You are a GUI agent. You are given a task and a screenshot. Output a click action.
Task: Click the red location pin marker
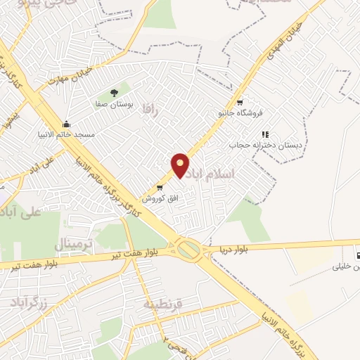[x=181, y=165]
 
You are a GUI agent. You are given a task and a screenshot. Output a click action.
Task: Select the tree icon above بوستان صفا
[x=114, y=93]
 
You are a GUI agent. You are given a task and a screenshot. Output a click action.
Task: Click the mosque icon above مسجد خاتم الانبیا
[x=66, y=124]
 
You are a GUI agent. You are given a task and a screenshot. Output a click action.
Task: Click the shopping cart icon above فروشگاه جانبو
[x=240, y=100]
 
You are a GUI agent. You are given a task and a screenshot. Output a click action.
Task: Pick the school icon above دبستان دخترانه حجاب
[x=265, y=134]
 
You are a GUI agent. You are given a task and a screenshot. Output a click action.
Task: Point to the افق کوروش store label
[x=161, y=199]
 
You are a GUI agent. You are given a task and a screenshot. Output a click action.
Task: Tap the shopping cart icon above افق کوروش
[x=160, y=188]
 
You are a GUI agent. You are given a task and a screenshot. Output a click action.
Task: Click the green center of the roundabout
[x=188, y=248]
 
